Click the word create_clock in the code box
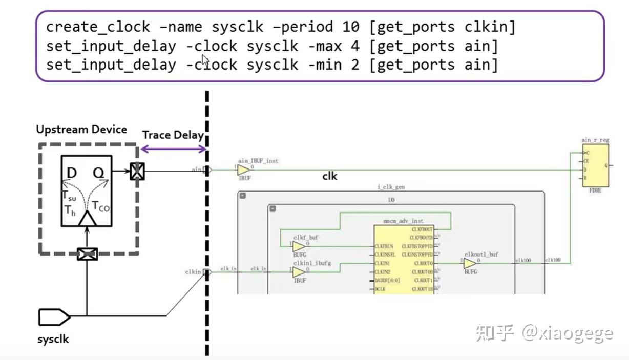tap(98, 27)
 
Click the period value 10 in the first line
tap(342, 27)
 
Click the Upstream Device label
tap(81, 130)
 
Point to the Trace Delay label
tap(173, 135)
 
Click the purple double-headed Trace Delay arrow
tap(173, 149)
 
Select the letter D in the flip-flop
tap(71, 173)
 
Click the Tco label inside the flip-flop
tap(100, 206)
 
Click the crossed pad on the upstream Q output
tap(136, 171)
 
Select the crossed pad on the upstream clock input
tap(87, 253)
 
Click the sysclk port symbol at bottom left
tap(54, 317)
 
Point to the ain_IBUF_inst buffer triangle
tap(244, 171)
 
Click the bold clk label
tap(329, 176)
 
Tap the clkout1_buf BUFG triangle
tap(469, 264)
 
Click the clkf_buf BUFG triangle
tap(299, 247)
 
